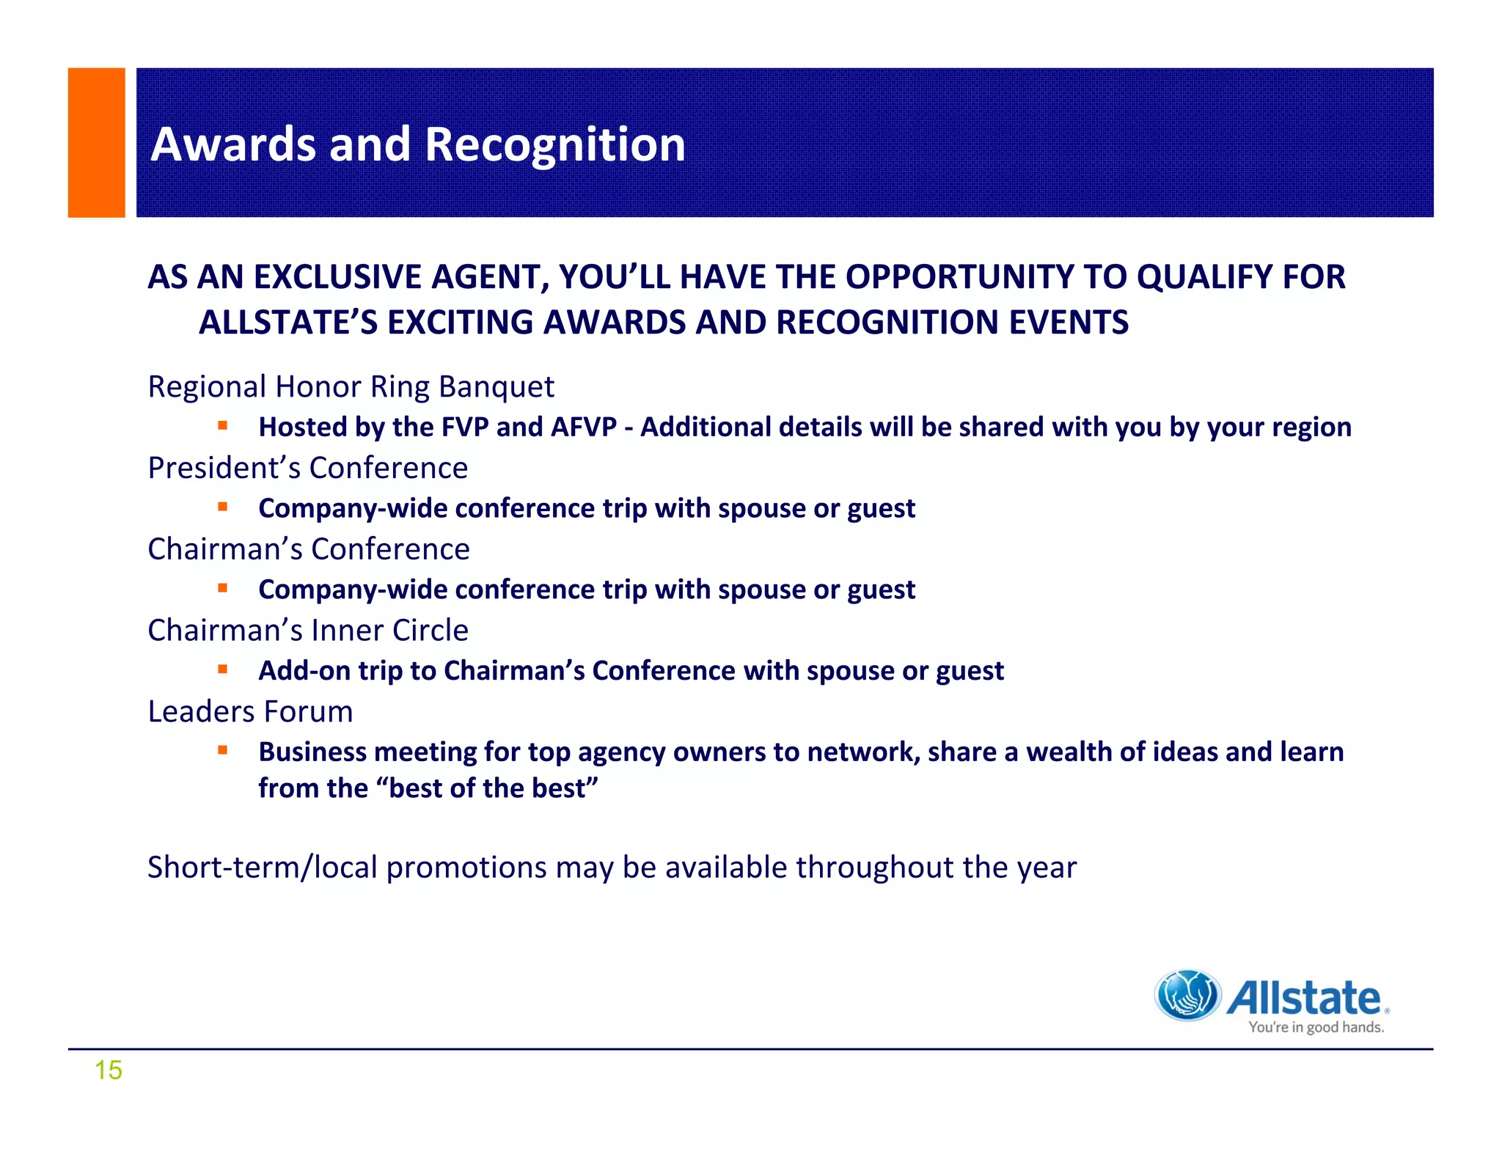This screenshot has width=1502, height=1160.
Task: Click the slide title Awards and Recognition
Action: click(417, 144)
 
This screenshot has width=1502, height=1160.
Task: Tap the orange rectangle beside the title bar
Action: click(96, 142)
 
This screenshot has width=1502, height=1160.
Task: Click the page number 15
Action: click(108, 1070)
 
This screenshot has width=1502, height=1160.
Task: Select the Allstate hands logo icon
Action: click(1187, 995)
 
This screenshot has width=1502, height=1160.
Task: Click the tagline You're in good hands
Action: click(1316, 1027)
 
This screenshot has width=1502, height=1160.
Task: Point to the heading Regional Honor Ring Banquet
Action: click(351, 386)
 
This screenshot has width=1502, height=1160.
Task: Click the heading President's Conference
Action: click(307, 468)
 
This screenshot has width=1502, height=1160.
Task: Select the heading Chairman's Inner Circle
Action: click(307, 631)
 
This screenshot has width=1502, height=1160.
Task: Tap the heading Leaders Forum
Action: click(250, 712)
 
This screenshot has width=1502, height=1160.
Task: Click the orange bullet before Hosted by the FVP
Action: click(222, 425)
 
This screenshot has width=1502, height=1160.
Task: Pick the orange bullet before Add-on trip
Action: click(222, 669)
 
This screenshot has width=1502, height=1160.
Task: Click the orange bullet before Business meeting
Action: click(222, 750)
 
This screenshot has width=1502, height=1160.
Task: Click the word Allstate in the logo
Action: click(1304, 998)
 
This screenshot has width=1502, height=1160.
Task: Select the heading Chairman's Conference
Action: click(308, 549)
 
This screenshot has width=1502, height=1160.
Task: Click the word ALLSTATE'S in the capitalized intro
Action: click(287, 323)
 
